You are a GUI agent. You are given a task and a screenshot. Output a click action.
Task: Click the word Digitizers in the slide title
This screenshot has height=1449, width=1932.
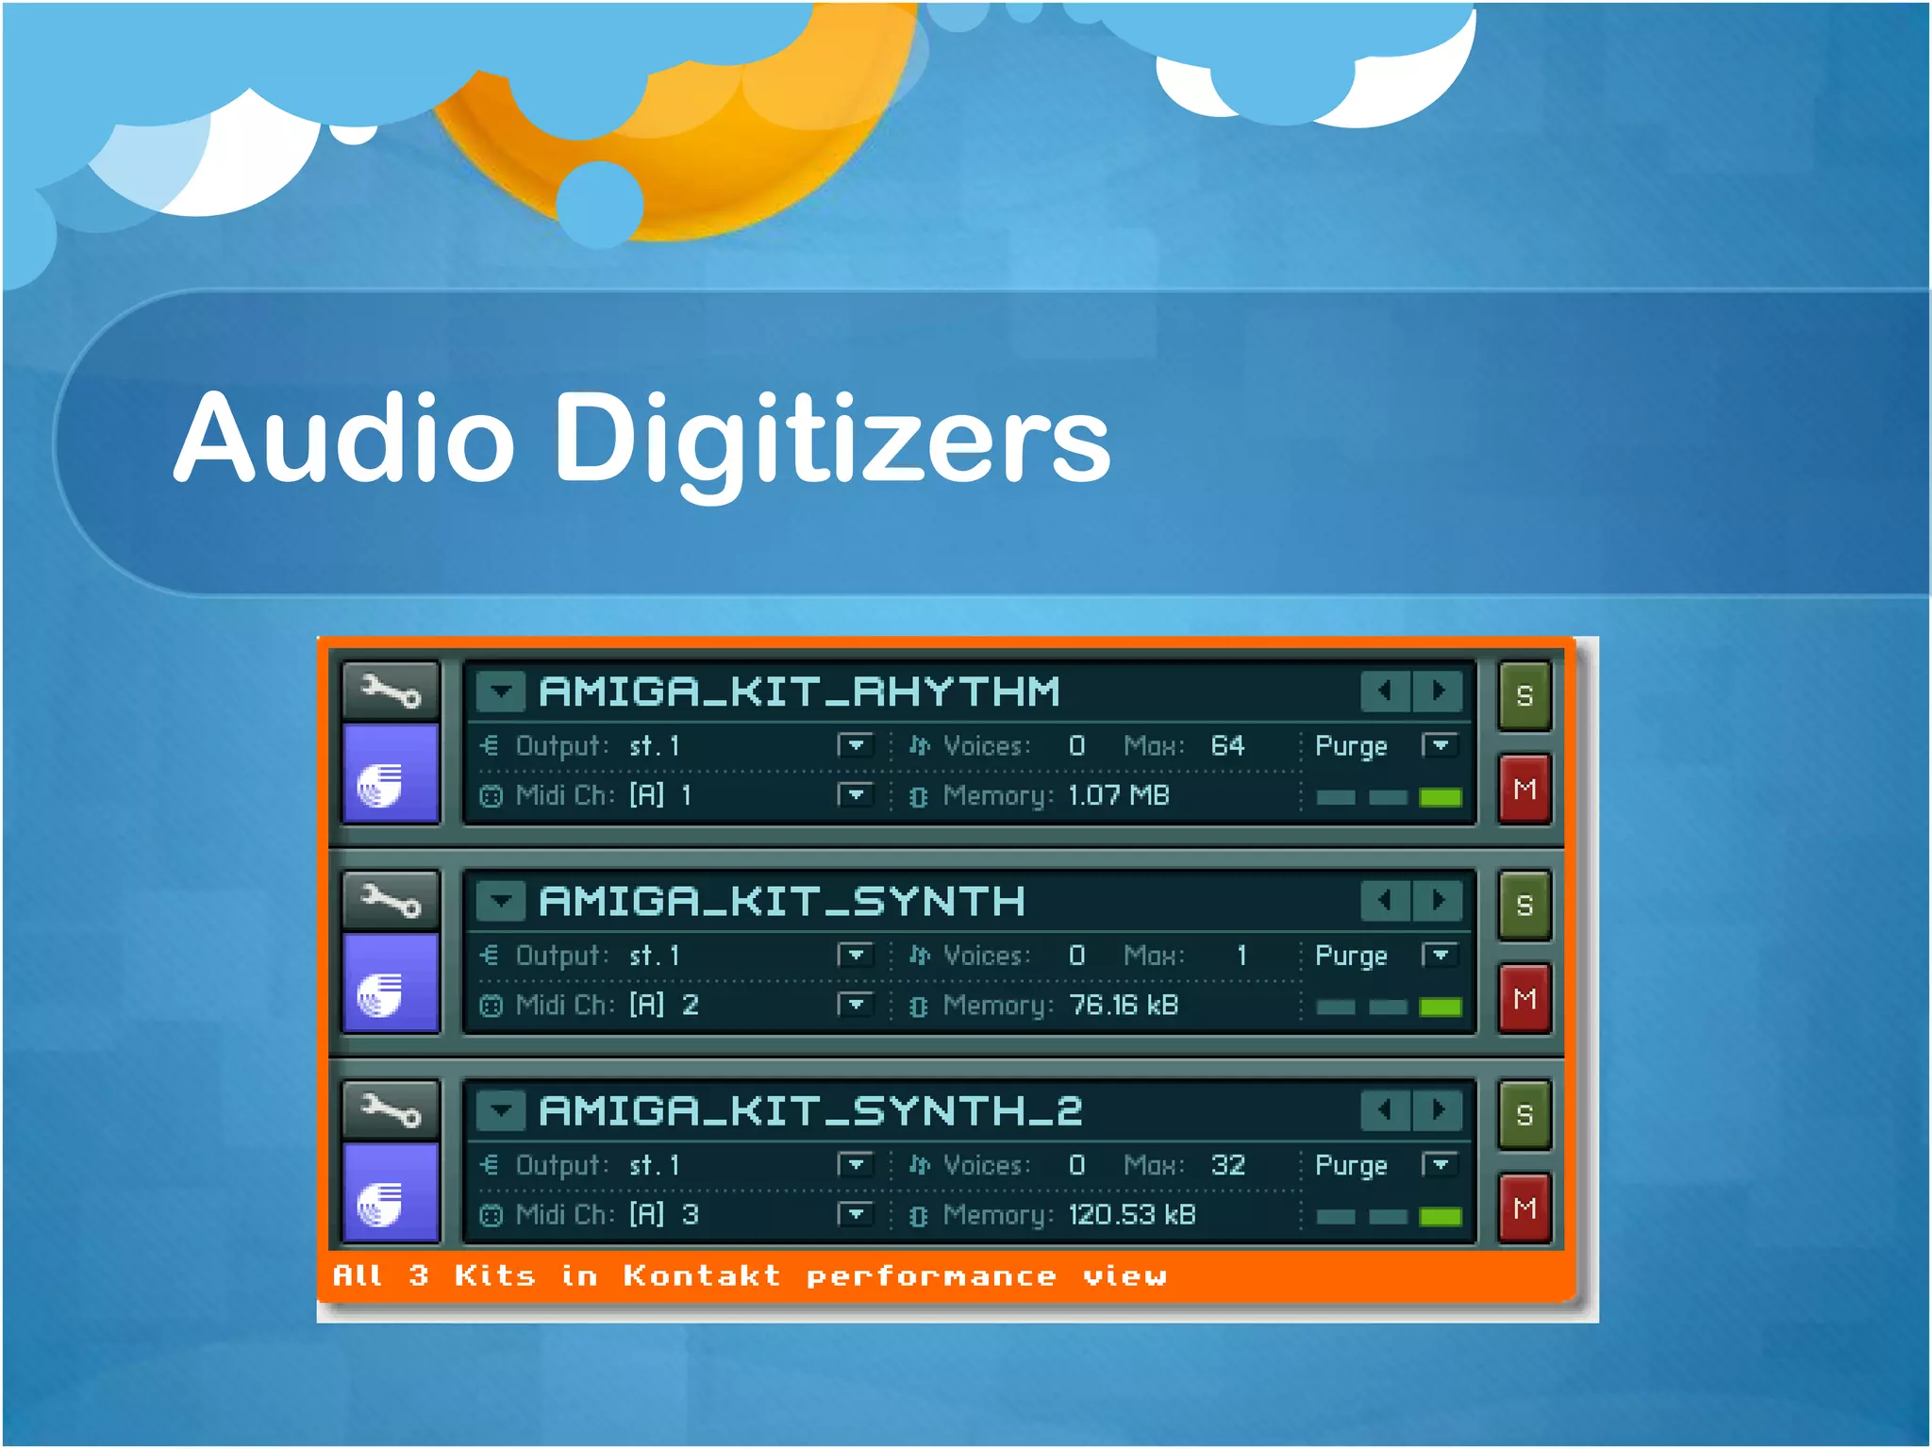(x=832, y=440)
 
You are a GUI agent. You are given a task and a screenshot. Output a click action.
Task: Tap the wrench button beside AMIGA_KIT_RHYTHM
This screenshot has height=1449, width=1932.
(x=391, y=691)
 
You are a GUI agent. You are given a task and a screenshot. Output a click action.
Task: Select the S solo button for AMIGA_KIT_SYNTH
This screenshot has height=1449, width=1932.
(x=1524, y=906)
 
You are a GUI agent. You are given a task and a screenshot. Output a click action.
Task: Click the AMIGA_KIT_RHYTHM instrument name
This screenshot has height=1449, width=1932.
(x=799, y=691)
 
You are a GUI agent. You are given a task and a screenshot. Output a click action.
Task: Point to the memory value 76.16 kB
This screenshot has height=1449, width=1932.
(x=1123, y=1006)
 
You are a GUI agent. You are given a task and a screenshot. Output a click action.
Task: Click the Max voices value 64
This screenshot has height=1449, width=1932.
(x=1227, y=746)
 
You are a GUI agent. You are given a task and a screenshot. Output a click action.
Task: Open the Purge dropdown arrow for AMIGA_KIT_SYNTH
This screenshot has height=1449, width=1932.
(x=1440, y=956)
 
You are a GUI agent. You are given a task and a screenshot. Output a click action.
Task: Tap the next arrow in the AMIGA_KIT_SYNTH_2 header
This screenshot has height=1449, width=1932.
(x=1438, y=1110)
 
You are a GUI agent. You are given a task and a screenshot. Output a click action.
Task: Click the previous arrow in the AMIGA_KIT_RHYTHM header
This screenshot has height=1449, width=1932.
(x=1385, y=691)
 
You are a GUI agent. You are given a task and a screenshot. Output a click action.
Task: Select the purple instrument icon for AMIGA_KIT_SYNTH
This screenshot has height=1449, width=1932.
(x=391, y=984)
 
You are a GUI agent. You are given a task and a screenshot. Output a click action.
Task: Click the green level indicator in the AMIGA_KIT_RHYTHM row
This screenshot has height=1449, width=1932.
(x=1440, y=798)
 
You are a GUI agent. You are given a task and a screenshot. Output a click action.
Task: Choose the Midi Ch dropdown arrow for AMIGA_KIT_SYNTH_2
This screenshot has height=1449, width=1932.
(x=855, y=1214)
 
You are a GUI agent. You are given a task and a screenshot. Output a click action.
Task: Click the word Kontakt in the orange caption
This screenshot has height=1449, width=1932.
(x=702, y=1276)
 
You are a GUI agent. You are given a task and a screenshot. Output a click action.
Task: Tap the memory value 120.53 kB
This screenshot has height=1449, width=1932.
(x=1131, y=1215)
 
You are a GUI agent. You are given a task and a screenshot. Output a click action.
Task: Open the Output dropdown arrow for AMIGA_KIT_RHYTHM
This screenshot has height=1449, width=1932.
(x=855, y=746)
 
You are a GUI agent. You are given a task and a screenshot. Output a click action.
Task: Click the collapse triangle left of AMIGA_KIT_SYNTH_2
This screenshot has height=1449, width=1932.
(x=500, y=1110)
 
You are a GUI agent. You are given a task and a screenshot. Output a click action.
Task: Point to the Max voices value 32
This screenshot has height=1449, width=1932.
(x=1227, y=1166)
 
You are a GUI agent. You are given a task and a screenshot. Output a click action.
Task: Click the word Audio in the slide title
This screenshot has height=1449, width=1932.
(x=344, y=440)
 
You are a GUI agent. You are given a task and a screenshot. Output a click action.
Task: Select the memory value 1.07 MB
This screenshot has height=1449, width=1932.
(x=1118, y=796)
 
